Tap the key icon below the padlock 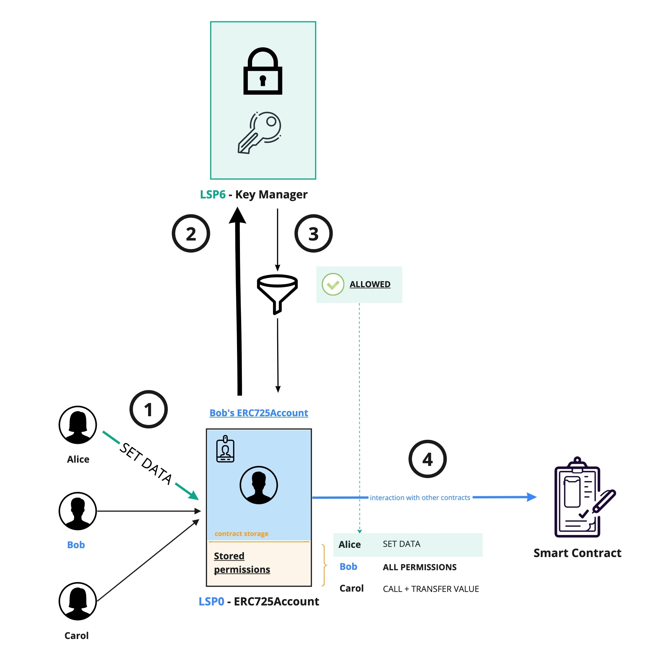(259, 133)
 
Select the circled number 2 (191, 234)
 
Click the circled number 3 (313, 234)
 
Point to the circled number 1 (148, 409)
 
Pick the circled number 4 (427, 459)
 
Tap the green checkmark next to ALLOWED (333, 284)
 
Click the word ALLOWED (370, 284)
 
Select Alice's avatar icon (78, 425)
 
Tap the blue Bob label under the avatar (76, 545)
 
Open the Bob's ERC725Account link (259, 412)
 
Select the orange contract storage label (242, 533)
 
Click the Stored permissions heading (242, 562)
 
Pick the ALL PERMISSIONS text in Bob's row (419, 567)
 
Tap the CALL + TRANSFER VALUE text (431, 589)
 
